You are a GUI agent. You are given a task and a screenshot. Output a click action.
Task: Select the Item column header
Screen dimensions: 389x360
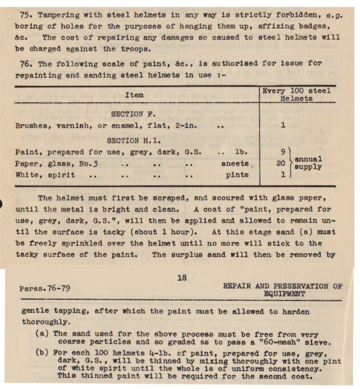tap(134, 95)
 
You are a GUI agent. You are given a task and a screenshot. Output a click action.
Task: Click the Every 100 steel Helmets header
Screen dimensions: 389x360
tap(297, 95)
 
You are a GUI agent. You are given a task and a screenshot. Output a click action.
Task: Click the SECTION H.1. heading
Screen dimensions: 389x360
tap(128, 141)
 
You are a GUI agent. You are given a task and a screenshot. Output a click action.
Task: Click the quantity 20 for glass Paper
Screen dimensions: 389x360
tap(281, 164)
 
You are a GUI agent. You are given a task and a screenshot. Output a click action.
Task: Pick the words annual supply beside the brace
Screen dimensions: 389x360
tap(308, 163)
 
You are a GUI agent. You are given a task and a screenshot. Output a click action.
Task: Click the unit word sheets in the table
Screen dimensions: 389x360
tap(235, 164)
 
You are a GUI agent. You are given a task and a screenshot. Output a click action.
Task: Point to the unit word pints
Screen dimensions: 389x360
tap(236, 175)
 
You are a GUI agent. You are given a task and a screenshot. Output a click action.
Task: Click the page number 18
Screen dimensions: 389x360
tap(182, 278)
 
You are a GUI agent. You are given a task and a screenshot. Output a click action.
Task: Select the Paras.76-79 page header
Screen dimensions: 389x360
tap(45, 288)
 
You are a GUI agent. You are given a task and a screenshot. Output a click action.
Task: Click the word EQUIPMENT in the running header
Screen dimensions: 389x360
tap(284, 294)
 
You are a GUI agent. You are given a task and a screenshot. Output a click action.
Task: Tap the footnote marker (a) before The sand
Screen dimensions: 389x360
tap(42, 334)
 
